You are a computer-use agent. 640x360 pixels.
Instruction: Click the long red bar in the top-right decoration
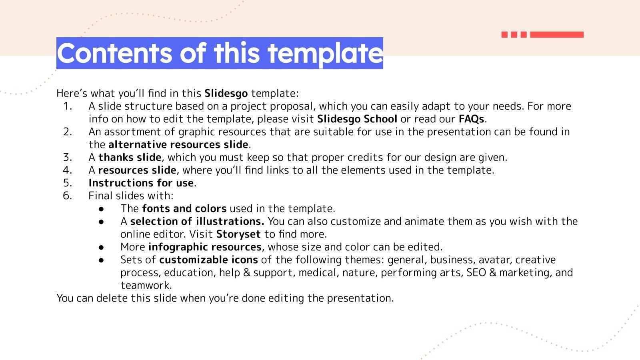coord(556,35)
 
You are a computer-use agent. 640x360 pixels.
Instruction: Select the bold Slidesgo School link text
coord(357,119)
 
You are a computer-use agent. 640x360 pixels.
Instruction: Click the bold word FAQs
coord(471,119)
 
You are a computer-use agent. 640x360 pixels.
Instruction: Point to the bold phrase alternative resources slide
coord(178,145)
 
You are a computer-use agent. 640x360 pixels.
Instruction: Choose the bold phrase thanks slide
coord(130,158)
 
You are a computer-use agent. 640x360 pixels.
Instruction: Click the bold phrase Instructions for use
coord(141,183)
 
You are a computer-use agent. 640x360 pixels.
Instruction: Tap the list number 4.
coord(67,170)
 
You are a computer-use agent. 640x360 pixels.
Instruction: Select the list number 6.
coord(67,196)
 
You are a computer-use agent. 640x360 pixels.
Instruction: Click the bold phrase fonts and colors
coord(184,209)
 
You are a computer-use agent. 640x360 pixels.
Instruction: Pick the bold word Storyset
coord(238,234)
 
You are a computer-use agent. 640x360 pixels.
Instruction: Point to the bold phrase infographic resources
coord(205,247)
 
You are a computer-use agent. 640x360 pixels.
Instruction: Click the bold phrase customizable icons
coord(208,260)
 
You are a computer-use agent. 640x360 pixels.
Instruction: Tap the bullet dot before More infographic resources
coord(101,247)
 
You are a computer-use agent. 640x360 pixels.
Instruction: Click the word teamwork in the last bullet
coord(146,286)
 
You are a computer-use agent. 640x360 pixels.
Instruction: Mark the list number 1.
coord(67,106)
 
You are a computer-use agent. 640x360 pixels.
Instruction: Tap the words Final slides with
coord(131,196)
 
